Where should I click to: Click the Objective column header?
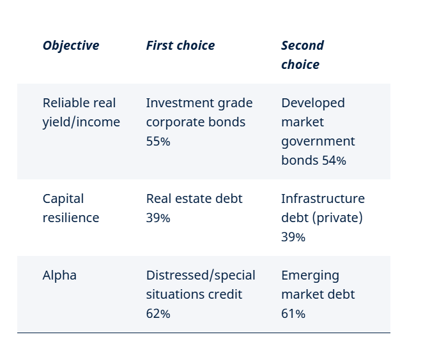click(x=71, y=45)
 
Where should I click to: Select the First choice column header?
click(x=180, y=45)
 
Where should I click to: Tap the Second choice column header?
click(x=302, y=55)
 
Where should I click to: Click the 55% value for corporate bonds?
click(x=158, y=141)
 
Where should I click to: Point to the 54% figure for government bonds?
click(x=334, y=160)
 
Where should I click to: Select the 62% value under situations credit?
click(x=158, y=313)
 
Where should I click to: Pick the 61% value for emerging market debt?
click(x=293, y=313)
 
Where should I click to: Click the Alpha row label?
click(x=59, y=275)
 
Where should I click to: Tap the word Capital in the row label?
click(x=63, y=199)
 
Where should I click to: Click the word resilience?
click(x=71, y=218)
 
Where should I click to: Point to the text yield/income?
click(x=81, y=123)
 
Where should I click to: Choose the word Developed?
click(x=313, y=103)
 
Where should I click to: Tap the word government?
click(x=318, y=142)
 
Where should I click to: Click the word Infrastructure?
click(x=323, y=199)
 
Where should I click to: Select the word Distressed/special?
click(x=201, y=276)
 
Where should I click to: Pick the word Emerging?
click(x=311, y=276)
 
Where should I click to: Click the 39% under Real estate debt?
click(x=158, y=218)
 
